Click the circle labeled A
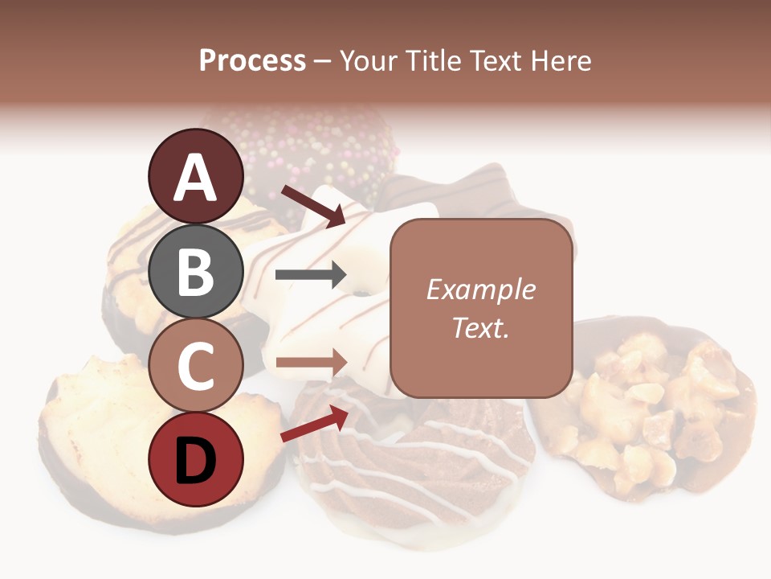coord(195,176)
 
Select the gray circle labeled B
coord(195,271)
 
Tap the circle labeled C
coord(195,365)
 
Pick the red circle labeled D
coord(195,459)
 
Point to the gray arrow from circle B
coord(309,275)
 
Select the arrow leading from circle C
coord(309,362)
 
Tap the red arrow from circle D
coord(314,425)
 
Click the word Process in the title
coord(252,61)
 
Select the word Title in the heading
coord(434,61)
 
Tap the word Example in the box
coord(481,289)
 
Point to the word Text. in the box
coord(481,328)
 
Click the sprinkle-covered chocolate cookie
coord(321,153)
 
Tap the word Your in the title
coord(369,61)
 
